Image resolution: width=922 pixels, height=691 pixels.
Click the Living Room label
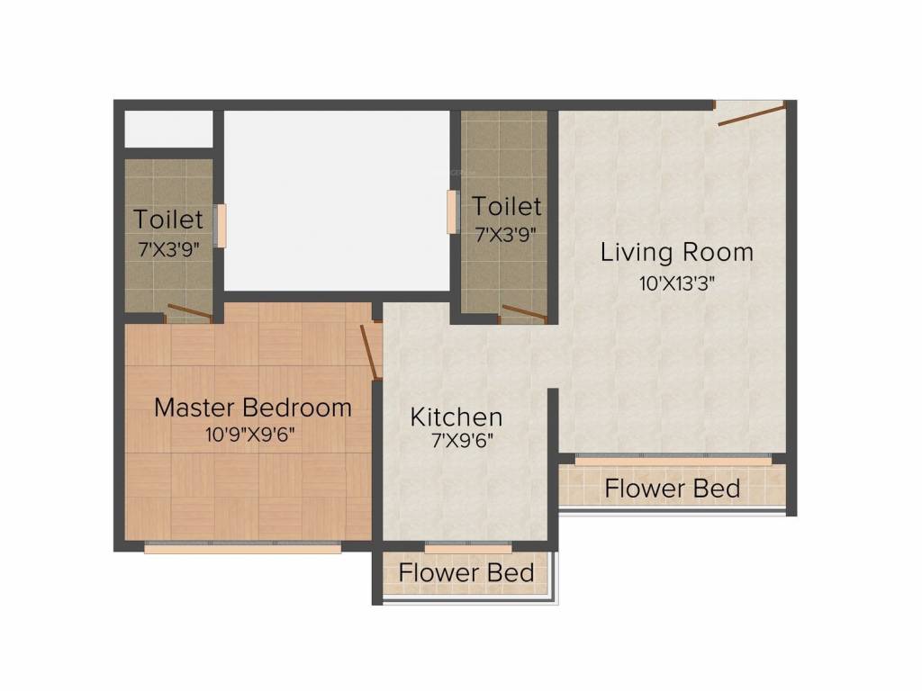tap(676, 252)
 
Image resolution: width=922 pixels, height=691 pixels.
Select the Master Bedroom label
tap(252, 408)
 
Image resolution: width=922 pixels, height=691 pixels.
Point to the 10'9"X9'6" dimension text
tap(250, 435)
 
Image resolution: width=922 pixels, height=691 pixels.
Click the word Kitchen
tap(456, 417)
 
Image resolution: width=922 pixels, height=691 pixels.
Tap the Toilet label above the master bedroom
tap(168, 220)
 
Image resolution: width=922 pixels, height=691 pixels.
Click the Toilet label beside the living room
tap(507, 207)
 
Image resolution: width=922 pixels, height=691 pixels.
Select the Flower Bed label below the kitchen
tap(466, 572)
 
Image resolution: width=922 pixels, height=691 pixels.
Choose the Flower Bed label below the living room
tap(672, 489)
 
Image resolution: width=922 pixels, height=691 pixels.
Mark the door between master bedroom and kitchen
tap(368, 352)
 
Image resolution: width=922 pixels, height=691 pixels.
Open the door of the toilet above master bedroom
tap(189, 313)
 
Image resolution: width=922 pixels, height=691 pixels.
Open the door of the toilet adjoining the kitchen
tap(524, 312)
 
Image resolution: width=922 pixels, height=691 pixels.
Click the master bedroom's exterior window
tap(242, 546)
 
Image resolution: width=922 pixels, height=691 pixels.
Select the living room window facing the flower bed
tap(673, 460)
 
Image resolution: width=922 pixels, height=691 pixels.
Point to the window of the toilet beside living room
tap(453, 212)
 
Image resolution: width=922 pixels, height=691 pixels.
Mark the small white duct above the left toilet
tap(167, 129)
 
